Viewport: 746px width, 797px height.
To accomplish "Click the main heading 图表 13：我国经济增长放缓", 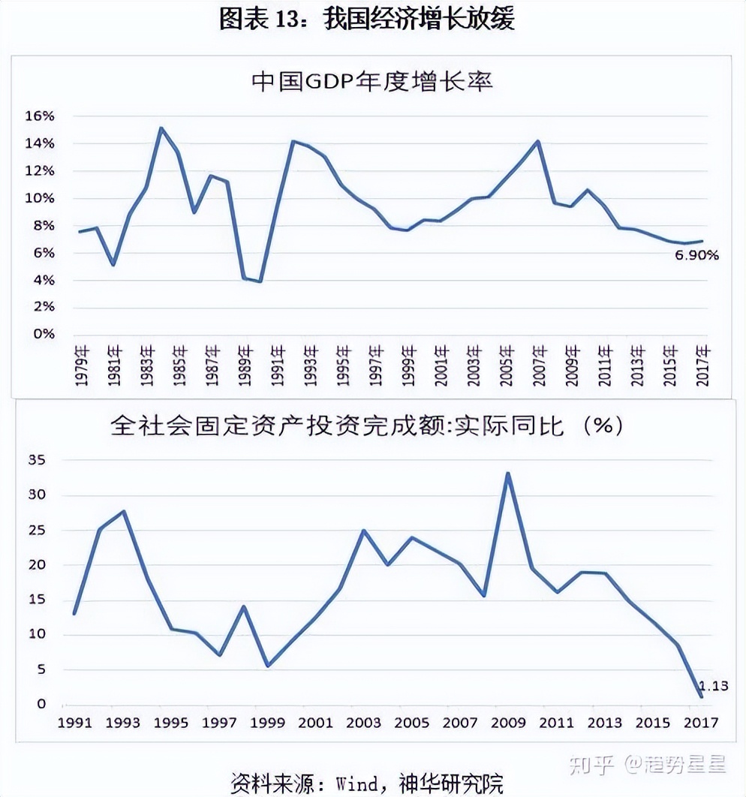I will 367,19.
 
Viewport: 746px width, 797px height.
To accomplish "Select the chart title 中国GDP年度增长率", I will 372,82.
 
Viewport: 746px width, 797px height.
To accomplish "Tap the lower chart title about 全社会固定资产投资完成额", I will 367,426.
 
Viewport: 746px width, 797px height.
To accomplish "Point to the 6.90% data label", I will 696,255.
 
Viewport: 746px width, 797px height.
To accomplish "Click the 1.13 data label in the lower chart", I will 713,685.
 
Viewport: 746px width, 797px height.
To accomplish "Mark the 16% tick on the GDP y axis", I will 40,116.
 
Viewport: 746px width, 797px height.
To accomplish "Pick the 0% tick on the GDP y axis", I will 44,334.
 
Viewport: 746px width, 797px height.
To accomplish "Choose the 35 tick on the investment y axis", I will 37,460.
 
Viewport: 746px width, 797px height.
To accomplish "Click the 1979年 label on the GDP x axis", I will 82,365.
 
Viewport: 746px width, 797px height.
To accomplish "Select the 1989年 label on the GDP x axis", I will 244,365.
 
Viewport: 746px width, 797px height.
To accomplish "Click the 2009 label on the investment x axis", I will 508,723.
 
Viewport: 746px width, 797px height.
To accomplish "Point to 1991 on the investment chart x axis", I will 74,723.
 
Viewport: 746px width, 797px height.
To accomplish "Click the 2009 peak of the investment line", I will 508,474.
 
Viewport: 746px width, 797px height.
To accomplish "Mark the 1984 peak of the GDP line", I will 161,128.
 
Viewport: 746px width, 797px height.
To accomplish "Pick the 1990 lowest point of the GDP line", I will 260,281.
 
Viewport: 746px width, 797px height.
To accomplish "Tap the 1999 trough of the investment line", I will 268,665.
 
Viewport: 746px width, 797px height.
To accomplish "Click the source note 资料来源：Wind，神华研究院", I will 367,783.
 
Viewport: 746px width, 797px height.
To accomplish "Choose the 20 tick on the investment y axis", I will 37,564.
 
